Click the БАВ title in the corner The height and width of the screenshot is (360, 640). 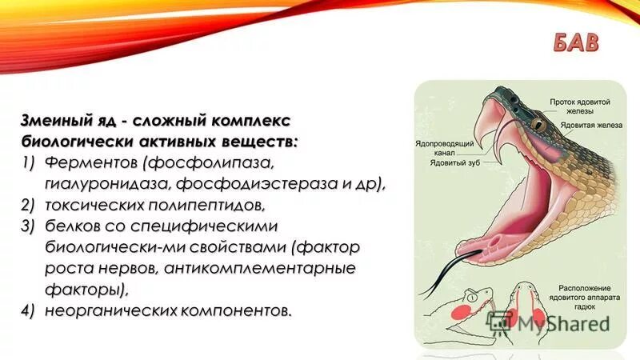click(574, 43)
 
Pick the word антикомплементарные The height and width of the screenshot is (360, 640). click(260, 267)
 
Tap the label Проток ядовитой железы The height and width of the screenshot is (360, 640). click(580, 108)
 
